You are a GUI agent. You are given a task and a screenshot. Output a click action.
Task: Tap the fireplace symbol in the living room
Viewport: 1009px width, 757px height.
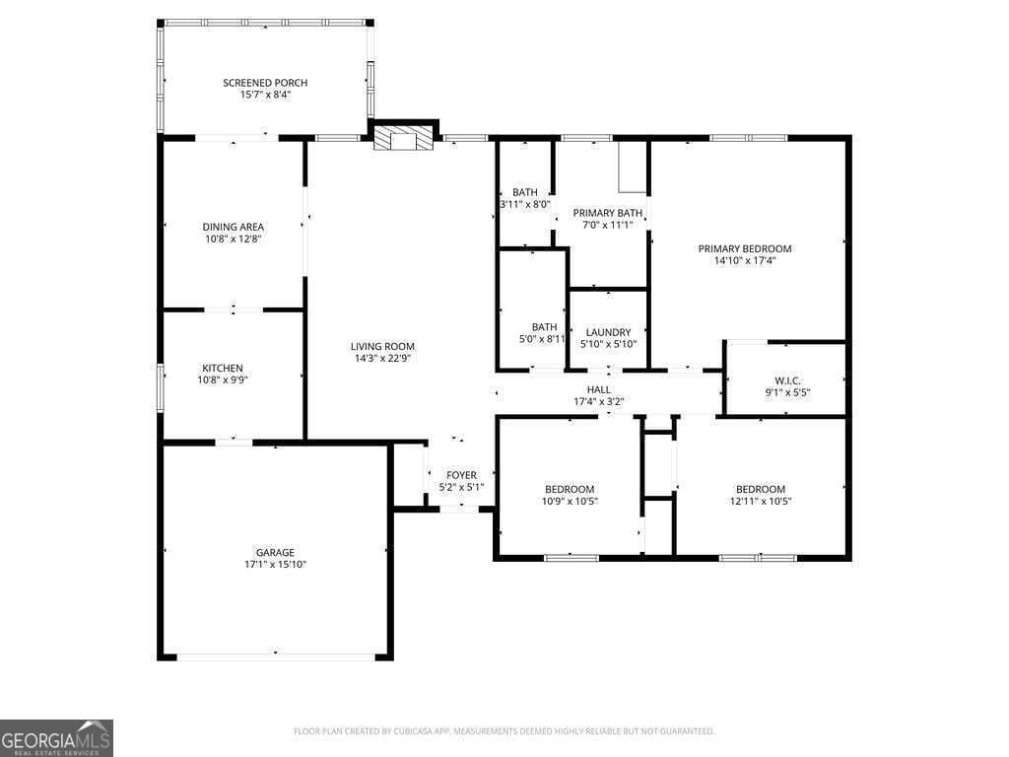point(404,139)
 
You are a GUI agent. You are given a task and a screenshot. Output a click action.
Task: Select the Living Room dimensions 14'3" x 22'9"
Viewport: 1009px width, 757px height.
point(382,359)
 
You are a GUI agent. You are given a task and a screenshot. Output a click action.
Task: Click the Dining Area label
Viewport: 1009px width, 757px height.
point(233,227)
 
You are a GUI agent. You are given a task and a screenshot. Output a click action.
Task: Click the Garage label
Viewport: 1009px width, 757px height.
point(275,552)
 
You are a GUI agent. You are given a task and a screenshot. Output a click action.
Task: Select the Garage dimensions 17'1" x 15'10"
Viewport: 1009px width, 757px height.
point(275,565)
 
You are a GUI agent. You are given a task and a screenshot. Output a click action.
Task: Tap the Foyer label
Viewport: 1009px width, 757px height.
point(461,475)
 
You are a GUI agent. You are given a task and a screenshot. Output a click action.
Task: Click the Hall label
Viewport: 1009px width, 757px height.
point(599,389)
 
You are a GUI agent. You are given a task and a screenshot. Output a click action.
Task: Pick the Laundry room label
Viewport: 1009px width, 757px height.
point(608,332)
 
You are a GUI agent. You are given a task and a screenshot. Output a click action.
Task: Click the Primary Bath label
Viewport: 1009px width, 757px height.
point(608,213)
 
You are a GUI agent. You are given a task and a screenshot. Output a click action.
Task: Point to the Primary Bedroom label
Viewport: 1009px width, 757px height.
point(745,248)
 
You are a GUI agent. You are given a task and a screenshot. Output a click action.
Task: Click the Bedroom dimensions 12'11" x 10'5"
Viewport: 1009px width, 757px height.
point(761,502)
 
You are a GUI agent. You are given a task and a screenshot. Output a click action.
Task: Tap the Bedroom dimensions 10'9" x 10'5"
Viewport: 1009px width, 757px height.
point(570,502)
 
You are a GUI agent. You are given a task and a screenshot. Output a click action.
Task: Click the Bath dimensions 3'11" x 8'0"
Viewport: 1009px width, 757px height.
point(524,204)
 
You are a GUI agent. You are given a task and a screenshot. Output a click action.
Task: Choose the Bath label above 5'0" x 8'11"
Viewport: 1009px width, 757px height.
point(544,327)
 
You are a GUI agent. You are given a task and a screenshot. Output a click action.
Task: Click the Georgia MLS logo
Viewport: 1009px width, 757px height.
point(57,738)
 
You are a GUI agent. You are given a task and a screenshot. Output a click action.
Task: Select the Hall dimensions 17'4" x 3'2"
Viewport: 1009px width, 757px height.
point(599,401)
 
